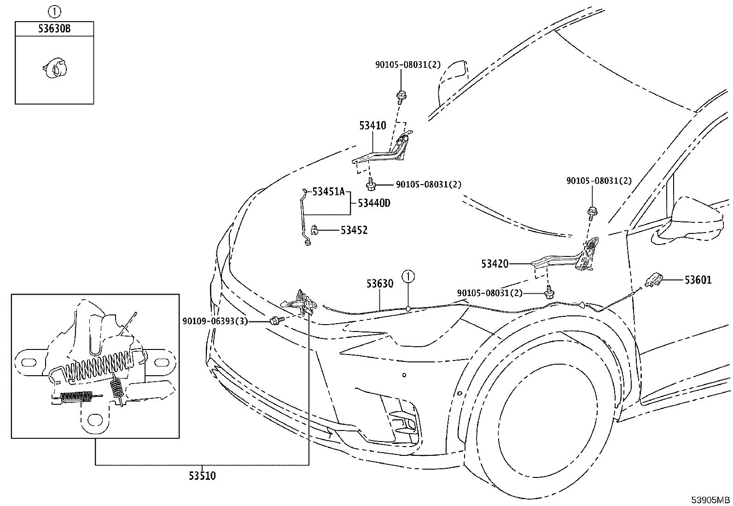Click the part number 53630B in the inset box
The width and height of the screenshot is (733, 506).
pos(54,29)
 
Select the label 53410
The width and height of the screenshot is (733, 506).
pos(373,125)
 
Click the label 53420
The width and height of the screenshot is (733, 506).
pos(495,264)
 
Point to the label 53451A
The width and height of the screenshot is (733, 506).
pos(329,192)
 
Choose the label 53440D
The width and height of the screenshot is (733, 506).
pos(374,203)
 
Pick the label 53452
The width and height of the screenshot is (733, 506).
pos(354,230)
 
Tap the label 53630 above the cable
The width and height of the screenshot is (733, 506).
pos(379,284)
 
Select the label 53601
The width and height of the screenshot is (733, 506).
pos(698,280)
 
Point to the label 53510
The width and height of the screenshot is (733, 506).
pos(202,476)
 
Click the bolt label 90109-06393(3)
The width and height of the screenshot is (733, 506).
pos(215,321)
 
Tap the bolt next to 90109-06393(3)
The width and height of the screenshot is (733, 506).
pos(275,320)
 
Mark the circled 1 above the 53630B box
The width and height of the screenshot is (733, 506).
pos(54,12)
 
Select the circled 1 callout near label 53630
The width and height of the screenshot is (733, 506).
pos(408,277)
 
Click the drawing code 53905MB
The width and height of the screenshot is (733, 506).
pos(710,500)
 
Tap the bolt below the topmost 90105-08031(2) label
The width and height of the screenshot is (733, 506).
pos(401,97)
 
